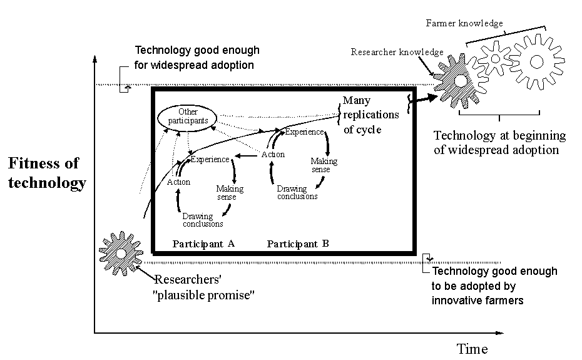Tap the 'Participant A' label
tap(203, 244)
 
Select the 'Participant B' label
tap(298, 244)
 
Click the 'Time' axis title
tap(472, 349)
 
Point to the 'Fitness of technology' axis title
tap(47, 173)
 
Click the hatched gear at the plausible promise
tap(121, 253)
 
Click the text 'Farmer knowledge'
tap(464, 23)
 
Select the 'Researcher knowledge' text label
tap(397, 52)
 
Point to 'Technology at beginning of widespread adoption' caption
tap(499, 143)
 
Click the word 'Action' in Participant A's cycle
tap(178, 182)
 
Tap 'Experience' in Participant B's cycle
tap(305, 132)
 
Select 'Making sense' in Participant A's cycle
tap(230, 193)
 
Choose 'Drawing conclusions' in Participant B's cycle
tap(297, 192)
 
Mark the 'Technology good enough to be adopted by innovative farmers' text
tap(494, 286)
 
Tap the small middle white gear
tap(496, 59)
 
